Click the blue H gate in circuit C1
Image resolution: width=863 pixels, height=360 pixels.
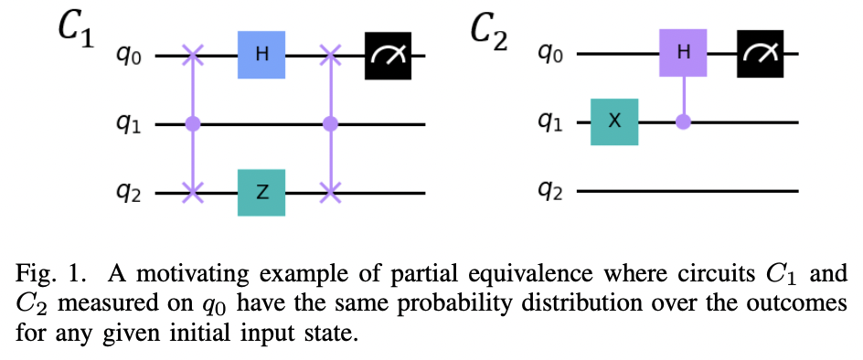click(262, 55)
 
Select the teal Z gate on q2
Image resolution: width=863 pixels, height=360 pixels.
click(262, 193)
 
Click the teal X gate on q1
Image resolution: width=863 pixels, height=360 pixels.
click(614, 122)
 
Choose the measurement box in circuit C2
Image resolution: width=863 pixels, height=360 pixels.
click(763, 55)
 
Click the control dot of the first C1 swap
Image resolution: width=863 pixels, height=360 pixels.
click(193, 123)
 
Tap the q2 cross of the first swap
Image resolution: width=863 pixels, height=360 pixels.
click(193, 193)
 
